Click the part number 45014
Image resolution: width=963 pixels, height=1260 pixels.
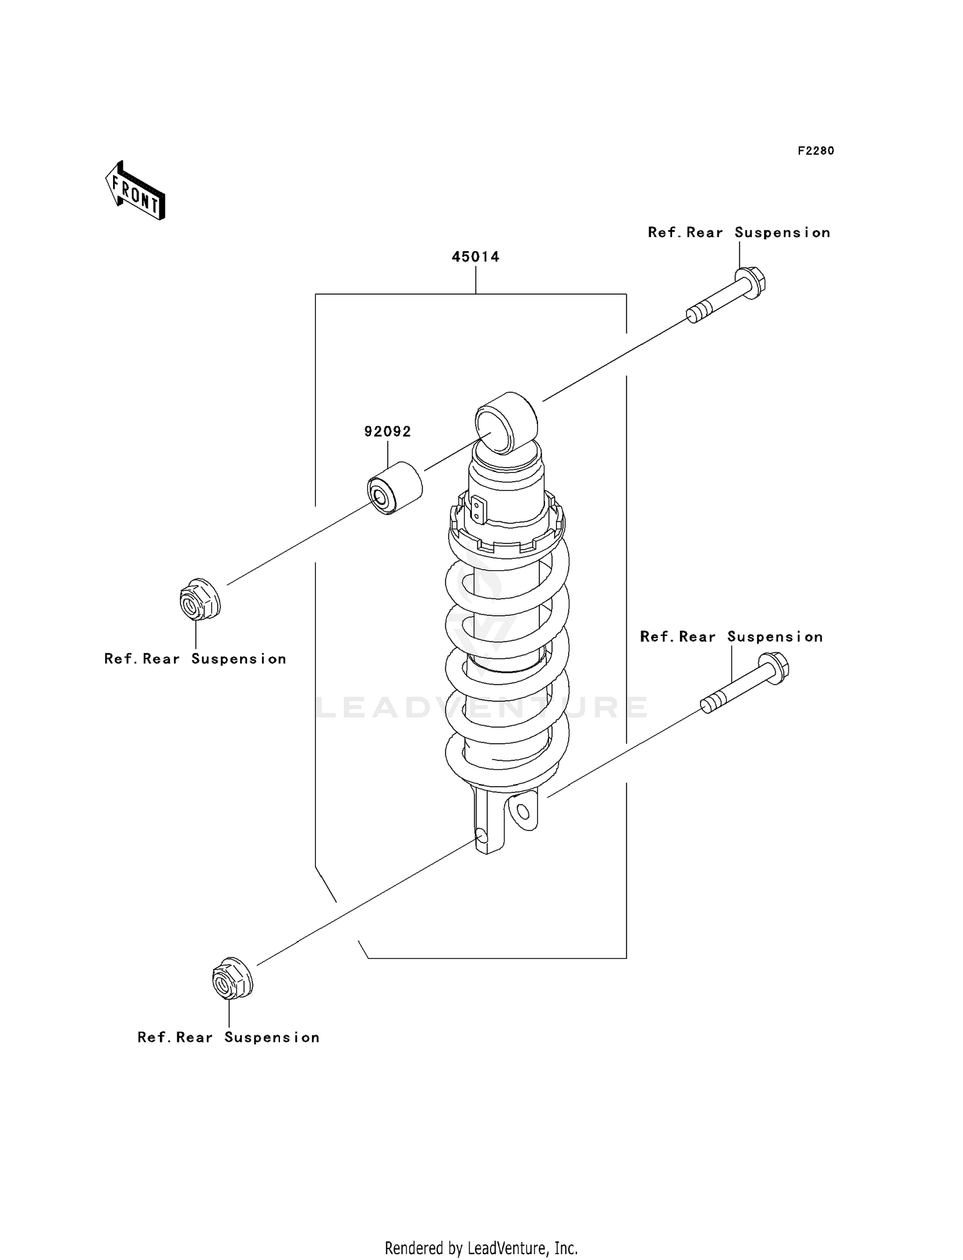pyautogui.click(x=475, y=257)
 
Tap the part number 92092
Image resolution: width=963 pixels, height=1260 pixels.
pyautogui.click(x=387, y=432)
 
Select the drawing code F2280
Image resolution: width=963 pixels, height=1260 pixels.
pyautogui.click(x=815, y=151)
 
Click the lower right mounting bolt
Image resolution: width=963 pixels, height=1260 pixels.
pyautogui.click(x=745, y=690)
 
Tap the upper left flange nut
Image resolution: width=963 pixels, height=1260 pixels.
pyautogui.click(x=199, y=599)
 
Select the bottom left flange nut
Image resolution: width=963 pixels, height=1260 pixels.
pyautogui.click(x=232, y=979)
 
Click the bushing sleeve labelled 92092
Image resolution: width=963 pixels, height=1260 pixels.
pyautogui.click(x=394, y=487)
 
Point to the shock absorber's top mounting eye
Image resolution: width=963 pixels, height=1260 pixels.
pyautogui.click(x=506, y=423)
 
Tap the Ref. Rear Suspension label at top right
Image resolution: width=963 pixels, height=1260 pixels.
pyautogui.click(x=738, y=232)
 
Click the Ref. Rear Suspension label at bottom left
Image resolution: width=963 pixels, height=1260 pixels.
pyautogui.click(x=228, y=1037)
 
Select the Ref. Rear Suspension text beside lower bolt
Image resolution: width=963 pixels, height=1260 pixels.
pyautogui.click(x=731, y=637)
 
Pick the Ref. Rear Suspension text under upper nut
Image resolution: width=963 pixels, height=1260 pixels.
pyautogui.click(x=195, y=659)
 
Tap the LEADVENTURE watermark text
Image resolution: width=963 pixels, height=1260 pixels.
pyautogui.click(x=481, y=708)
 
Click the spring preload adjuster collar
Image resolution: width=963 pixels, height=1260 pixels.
pyautogui.click(x=507, y=523)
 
